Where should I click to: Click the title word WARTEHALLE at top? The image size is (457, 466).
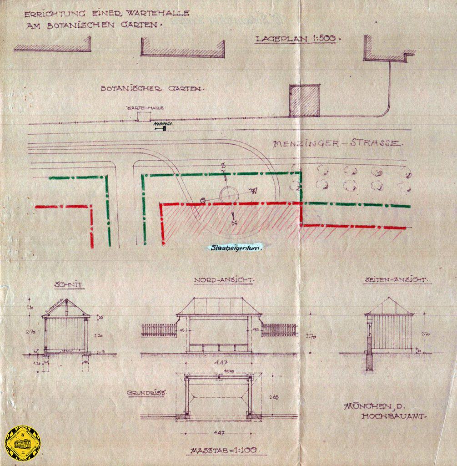pos(159,14)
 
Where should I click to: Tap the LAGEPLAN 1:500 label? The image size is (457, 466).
pos(296,39)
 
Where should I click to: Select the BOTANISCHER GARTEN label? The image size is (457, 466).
pos(151,88)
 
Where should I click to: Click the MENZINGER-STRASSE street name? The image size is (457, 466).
pos(337,144)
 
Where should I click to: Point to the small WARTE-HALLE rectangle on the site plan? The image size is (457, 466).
pos(144,116)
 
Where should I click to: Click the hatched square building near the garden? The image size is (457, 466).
pos(304,101)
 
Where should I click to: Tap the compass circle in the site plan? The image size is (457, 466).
pos(229,195)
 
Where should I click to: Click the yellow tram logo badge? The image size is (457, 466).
pos(22,443)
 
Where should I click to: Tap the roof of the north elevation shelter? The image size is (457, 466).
pos(219,306)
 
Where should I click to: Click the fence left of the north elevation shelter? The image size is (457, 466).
pos(159,330)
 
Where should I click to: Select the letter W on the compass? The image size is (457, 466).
pos(254,191)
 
